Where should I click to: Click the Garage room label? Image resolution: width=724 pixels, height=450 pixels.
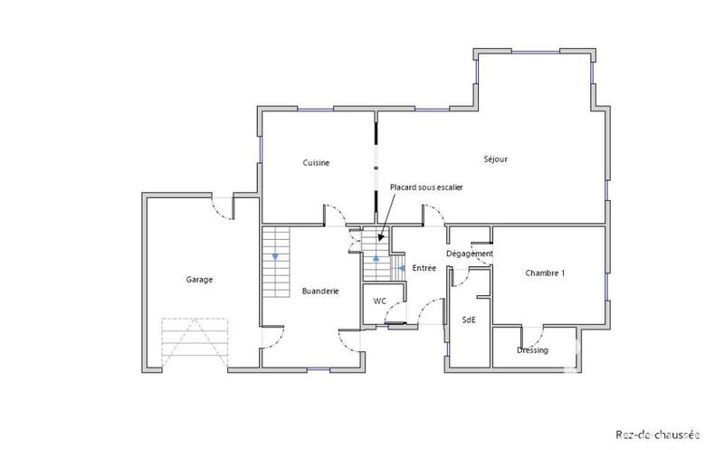(200, 280)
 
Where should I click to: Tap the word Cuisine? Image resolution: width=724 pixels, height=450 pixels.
(316, 163)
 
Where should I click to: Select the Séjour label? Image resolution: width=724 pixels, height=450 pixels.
(495, 159)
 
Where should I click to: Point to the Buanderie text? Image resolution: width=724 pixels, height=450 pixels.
(320, 292)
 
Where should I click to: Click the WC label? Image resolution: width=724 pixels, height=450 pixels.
(380, 300)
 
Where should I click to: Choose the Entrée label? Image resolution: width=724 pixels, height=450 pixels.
(424, 268)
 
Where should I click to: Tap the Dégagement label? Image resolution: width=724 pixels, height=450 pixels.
(470, 254)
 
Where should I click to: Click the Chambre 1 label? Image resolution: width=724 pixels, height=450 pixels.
(545, 273)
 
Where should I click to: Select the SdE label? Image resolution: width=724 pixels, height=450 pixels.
(469, 320)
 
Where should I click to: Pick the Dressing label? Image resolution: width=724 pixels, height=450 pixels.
(532, 350)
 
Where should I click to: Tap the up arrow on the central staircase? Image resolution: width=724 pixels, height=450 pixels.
(376, 259)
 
